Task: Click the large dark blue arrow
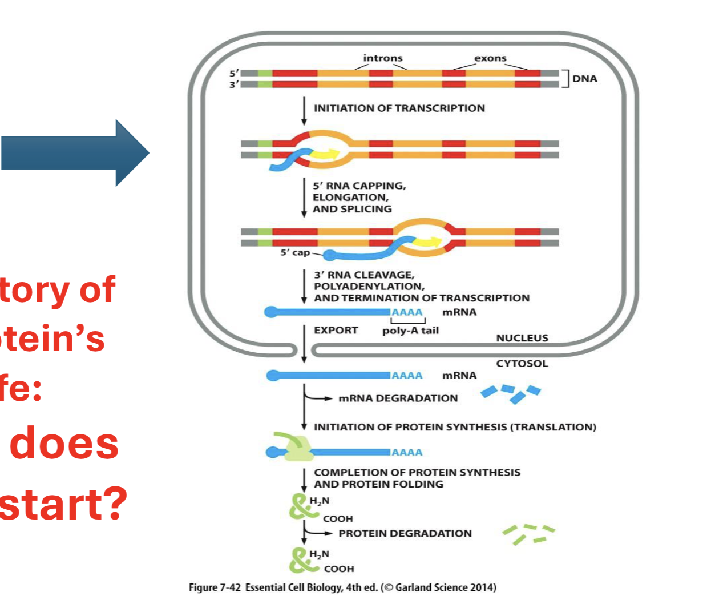(74, 153)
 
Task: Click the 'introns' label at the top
(382, 58)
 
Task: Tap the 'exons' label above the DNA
(490, 58)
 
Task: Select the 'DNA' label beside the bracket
(584, 79)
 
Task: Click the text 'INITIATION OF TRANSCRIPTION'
(399, 108)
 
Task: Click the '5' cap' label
(294, 252)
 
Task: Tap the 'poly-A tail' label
(410, 331)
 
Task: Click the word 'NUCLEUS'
(522, 338)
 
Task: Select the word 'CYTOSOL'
(522, 364)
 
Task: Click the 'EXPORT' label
(336, 331)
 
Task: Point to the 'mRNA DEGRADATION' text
(398, 398)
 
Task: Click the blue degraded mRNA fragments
(511, 393)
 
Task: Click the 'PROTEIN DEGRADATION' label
(405, 533)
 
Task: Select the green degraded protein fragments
(528, 533)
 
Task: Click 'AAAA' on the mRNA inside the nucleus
(407, 312)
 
